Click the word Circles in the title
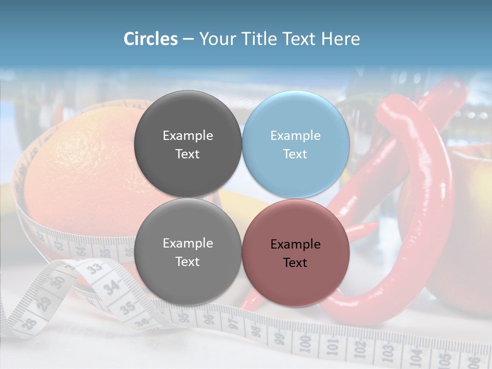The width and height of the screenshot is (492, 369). pos(151,39)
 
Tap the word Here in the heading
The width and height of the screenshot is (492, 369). pos(340,39)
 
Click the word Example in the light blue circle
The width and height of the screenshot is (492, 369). pos(295,136)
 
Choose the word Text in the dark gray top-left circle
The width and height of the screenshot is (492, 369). pos(188,154)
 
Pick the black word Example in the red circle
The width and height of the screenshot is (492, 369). pos(295,244)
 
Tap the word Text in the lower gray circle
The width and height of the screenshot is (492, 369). pos(188,262)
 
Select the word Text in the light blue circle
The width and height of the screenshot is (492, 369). pos(295,154)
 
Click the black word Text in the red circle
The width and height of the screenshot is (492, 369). pos(295,263)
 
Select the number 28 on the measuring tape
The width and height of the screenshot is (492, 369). pos(30,323)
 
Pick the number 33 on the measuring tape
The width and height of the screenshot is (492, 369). pos(94,268)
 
